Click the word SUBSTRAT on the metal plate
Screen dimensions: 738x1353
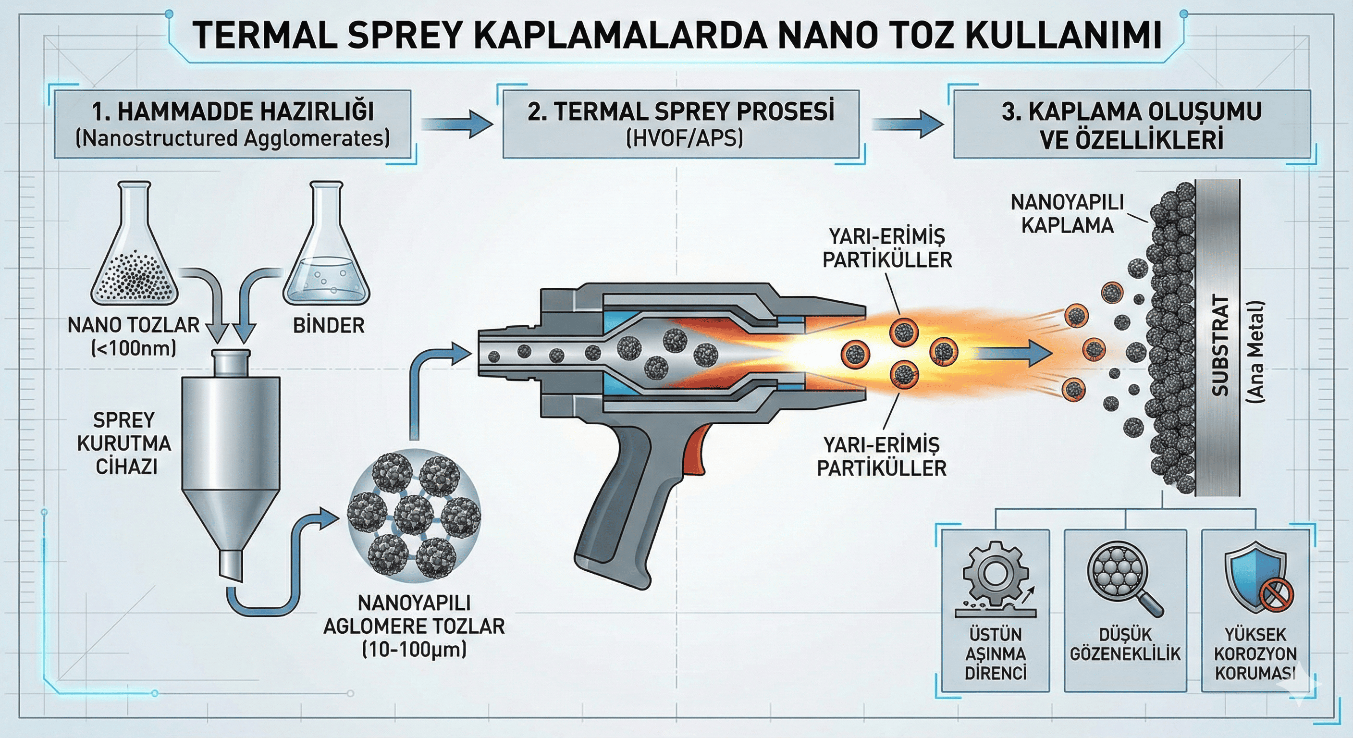(1220, 345)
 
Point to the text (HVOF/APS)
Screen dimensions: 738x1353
(684, 139)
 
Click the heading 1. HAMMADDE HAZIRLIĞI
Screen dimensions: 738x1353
(233, 111)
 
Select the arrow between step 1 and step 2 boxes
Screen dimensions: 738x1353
(456, 124)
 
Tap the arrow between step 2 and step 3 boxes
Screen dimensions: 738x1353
(907, 124)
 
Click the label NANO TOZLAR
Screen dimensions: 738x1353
(134, 325)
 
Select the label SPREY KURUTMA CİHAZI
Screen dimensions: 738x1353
(124, 443)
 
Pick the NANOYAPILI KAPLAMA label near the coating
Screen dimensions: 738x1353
(1067, 213)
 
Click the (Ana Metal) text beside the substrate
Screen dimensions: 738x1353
(1256, 352)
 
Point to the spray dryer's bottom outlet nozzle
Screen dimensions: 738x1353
(231, 565)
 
